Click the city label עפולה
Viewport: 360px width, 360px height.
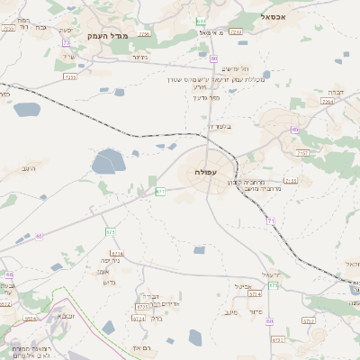click(x=204, y=171)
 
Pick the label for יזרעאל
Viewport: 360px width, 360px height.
click(x=271, y=274)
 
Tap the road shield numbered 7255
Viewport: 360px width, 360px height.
click(x=70, y=77)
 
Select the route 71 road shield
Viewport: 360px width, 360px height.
click(x=270, y=220)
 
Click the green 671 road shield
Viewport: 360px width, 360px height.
click(x=160, y=192)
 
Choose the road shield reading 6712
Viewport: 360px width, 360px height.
click(x=309, y=320)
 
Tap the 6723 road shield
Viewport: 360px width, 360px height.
click(x=139, y=306)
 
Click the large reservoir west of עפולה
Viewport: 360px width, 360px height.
click(x=108, y=162)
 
